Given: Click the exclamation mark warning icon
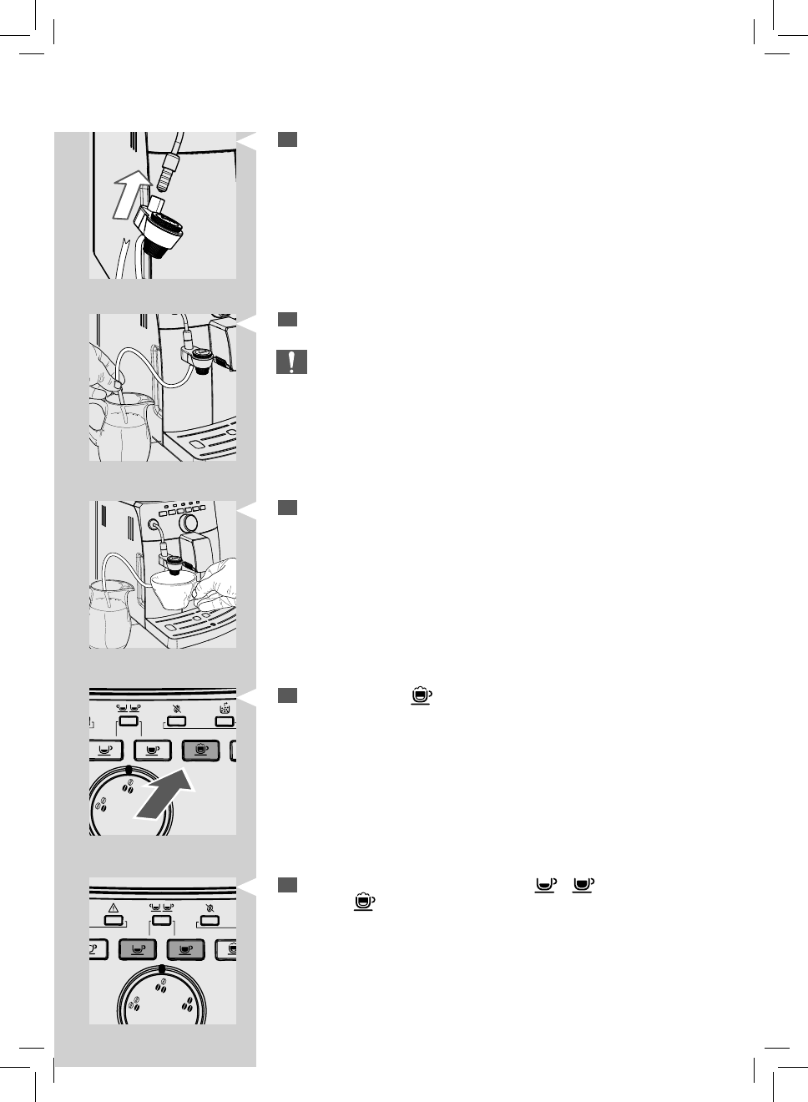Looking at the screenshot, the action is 291,362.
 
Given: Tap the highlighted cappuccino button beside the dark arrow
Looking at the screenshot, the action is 200,750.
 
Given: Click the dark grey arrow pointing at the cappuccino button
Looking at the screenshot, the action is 164,796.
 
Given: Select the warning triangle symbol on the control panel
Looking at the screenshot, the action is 114,909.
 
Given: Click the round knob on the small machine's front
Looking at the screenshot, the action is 191,523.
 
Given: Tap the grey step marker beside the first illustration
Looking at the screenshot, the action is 287,139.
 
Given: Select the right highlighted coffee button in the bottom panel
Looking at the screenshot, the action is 186,949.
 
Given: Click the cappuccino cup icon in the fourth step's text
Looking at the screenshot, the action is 422,695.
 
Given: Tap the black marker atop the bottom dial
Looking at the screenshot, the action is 161,969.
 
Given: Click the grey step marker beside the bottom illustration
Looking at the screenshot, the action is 287,884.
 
